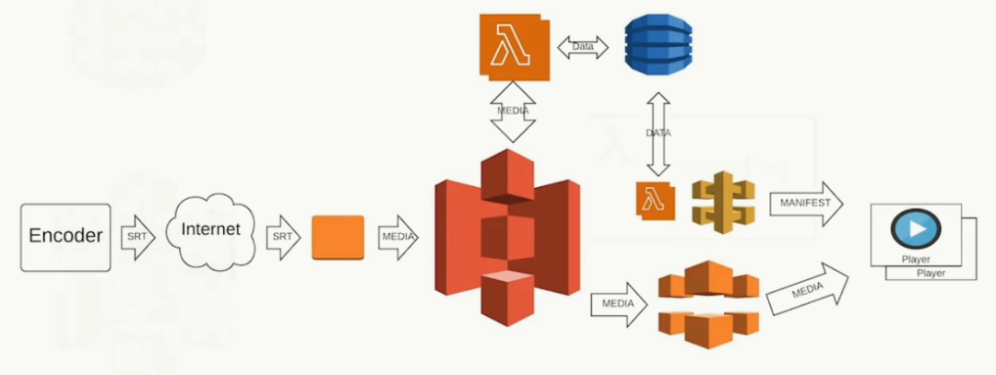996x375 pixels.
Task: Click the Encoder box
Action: [x=65, y=237]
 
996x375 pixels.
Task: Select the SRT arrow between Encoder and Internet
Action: [x=136, y=238]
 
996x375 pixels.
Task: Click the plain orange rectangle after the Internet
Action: [x=338, y=238]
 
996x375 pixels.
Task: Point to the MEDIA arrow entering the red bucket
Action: [x=397, y=238]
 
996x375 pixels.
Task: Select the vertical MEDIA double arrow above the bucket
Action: [x=513, y=111]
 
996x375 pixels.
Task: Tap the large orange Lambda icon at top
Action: [x=513, y=45]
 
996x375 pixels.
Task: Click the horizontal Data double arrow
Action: [x=584, y=45]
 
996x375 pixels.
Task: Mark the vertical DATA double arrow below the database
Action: [x=658, y=134]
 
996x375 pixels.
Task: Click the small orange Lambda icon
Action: [x=656, y=202]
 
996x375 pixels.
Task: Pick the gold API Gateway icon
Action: [x=722, y=201]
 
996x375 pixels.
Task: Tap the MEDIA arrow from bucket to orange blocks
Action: [x=618, y=303]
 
